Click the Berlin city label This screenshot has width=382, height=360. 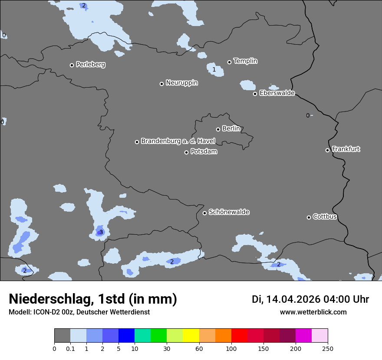click(231, 129)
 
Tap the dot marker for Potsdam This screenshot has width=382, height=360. click(187, 152)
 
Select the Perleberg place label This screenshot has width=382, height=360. click(90, 65)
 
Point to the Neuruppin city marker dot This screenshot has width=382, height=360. click(161, 84)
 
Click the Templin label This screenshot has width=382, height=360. click(245, 61)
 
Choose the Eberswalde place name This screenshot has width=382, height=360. click(277, 93)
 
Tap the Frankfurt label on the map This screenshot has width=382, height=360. click(346, 149)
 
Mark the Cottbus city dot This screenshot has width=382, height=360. click(309, 217)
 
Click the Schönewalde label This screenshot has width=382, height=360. click(229, 212)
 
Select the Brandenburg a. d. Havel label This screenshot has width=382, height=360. click(178, 141)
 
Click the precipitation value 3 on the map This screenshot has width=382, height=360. click(101, 232)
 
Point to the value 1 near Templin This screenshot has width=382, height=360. click(214, 70)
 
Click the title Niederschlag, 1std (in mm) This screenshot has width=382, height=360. click(93, 299)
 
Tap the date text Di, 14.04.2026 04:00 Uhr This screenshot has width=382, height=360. click(310, 299)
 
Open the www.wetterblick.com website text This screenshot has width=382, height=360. click(313, 312)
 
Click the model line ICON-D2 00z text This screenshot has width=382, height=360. click(79, 312)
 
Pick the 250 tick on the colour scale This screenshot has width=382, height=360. click(328, 348)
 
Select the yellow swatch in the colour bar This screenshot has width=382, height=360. click(191, 336)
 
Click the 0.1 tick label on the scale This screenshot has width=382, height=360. click(70, 348)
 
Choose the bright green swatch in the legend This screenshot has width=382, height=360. click(159, 336)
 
